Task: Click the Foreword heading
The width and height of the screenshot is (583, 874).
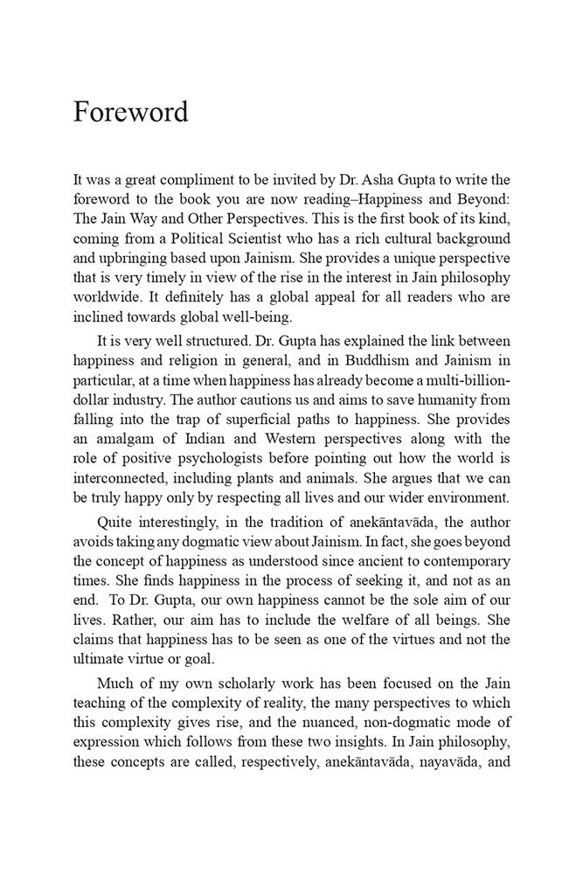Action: pyautogui.click(x=130, y=113)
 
